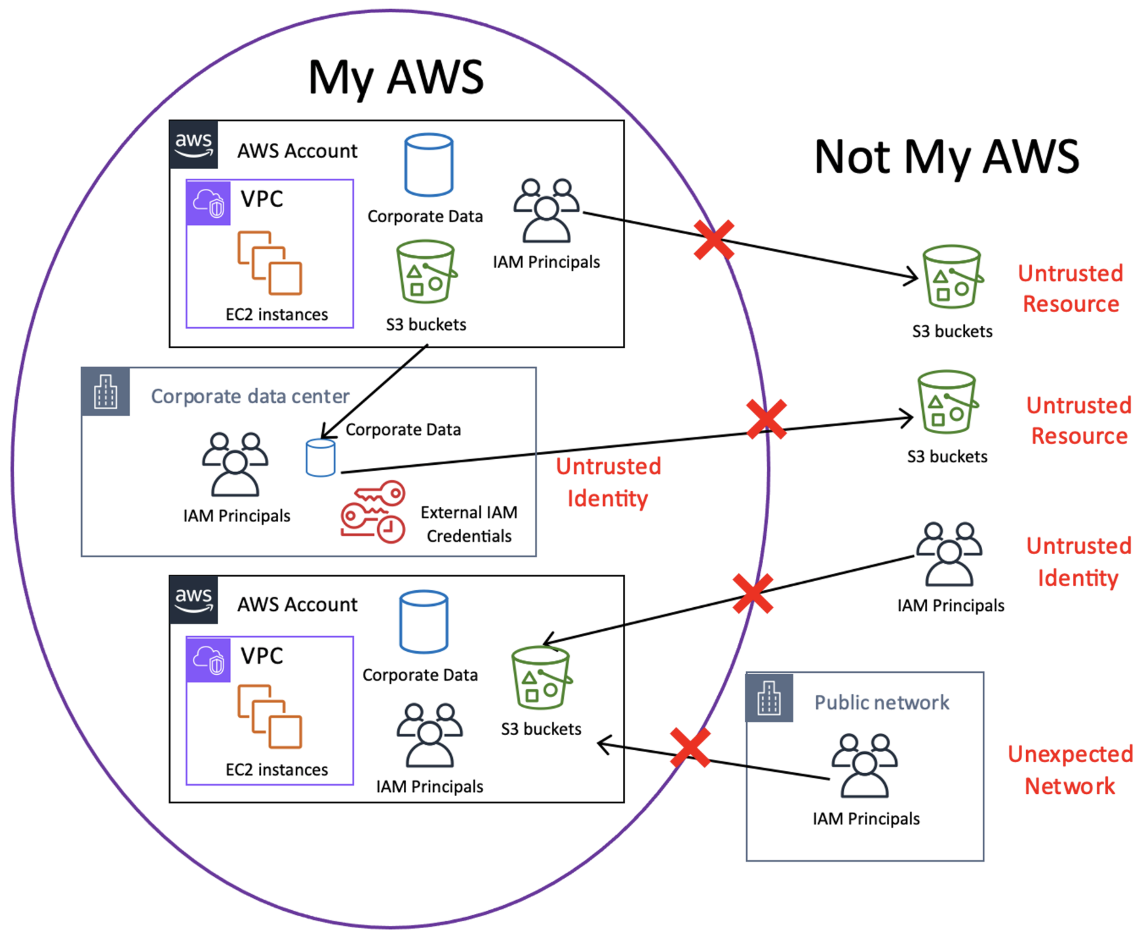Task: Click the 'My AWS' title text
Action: [x=396, y=77]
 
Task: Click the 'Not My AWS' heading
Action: [x=946, y=157]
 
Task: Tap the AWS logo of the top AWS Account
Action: [x=193, y=144]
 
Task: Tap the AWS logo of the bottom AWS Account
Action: [x=193, y=599]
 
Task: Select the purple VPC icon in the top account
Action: [x=208, y=203]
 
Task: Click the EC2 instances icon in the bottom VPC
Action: [x=269, y=716]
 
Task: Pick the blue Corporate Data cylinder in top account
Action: [x=429, y=165]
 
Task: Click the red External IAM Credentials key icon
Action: [x=372, y=512]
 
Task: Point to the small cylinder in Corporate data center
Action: [x=321, y=458]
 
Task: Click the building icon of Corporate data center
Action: [x=106, y=392]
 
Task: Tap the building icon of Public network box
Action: [x=769, y=698]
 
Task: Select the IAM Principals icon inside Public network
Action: [x=864, y=765]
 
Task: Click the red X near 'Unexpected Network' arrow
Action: [x=690, y=748]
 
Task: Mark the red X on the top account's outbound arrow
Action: [x=714, y=240]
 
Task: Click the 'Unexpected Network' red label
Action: [x=1070, y=770]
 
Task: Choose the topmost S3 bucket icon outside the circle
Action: [x=952, y=277]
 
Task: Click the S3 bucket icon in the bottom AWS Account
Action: [x=541, y=678]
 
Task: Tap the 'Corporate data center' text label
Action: [x=250, y=396]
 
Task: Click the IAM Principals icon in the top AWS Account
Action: [x=546, y=210]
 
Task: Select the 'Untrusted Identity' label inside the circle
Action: [x=608, y=482]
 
